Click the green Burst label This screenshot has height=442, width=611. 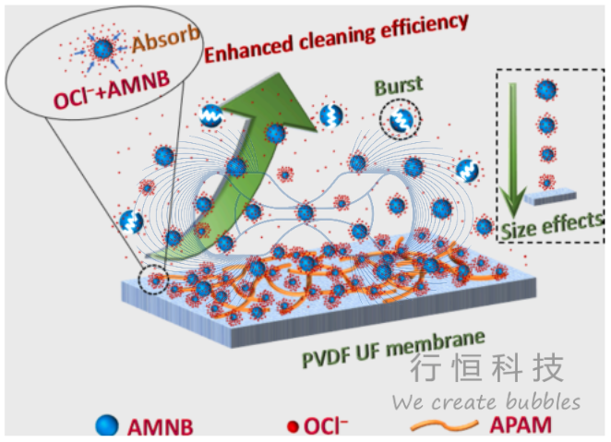click(x=399, y=87)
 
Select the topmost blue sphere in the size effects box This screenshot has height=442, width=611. click(x=546, y=90)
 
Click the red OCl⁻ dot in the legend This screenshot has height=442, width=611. click(x=292, y=426)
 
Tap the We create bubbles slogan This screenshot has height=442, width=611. click(x=486, y=402)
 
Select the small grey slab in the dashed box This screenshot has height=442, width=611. click(x=548, y=197)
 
